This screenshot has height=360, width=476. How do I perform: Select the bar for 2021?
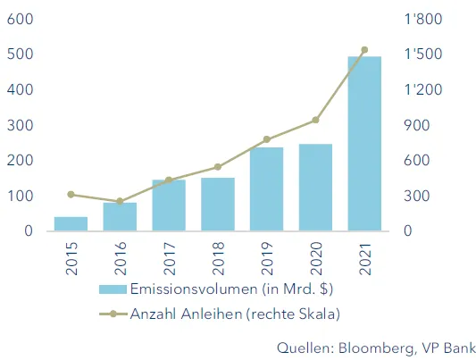tap(363, 144)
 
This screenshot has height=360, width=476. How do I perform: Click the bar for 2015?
tap(71, 223)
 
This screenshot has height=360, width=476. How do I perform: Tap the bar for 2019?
tap(266, 188)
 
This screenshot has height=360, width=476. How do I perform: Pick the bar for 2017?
tap(169, 205)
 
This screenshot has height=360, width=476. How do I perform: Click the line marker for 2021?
tap(363, 50)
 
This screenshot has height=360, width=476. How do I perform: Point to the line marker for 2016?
tap(120, 202)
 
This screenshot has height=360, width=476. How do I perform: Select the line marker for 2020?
tap(315, 121)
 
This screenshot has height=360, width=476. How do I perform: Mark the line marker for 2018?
tap(217, 167)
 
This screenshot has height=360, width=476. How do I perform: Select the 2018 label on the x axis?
tap(217, 258)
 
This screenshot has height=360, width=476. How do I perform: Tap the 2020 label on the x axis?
tap(315, 258)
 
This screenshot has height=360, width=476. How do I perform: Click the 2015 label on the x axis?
tap(71, 258)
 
